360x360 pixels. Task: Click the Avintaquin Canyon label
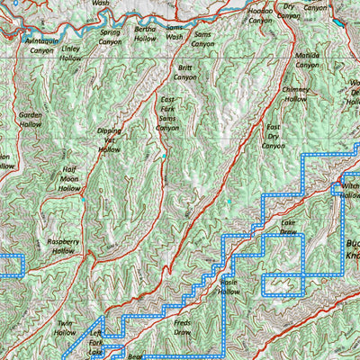click(x=44, y=46)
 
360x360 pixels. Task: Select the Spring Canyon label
click(x=109, y=37)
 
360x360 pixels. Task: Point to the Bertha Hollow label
click(x=145, y=34)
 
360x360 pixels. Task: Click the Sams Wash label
click(x=175, y=34)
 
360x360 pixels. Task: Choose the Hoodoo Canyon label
click(x=260, y=15)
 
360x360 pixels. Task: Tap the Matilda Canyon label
click(x=307, y=59)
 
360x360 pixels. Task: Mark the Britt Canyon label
click(x=185, y=72)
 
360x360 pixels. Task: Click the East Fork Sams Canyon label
click(x=166, y=113)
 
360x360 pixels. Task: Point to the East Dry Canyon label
click(x=274, y=135)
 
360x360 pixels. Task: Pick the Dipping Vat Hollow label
click(x=109, y=139)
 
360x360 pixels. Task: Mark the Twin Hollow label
click(x=65, y=328)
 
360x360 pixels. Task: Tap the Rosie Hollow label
click(x=229, y=286)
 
